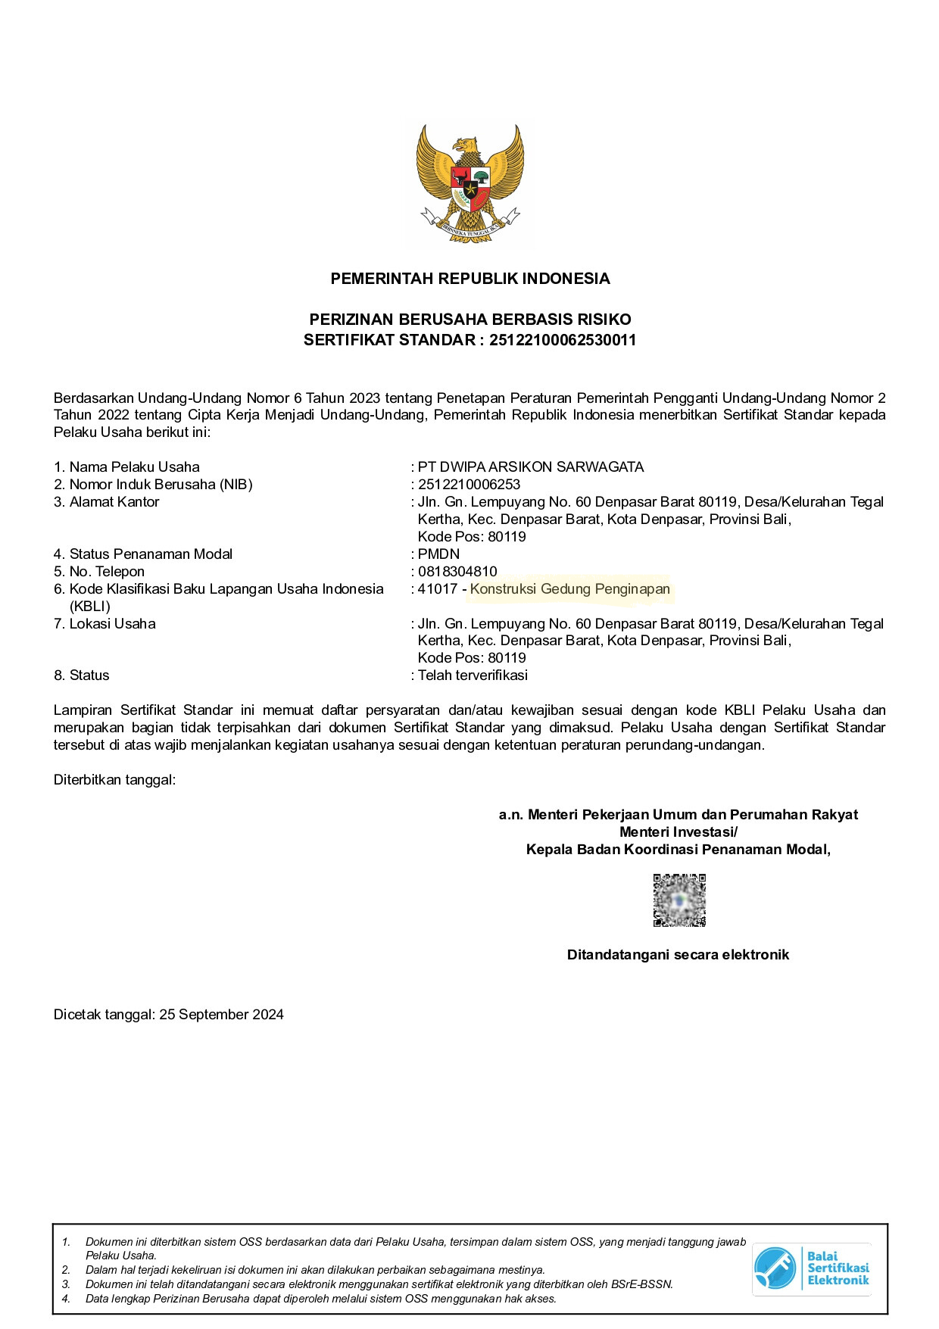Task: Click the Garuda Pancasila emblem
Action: point(469,183)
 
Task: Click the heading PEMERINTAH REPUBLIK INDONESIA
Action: point(469,279)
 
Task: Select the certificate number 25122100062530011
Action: point(563,340)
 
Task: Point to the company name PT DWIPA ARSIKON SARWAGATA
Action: point(531,467)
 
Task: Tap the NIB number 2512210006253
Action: point(469,485)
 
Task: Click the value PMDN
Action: point(438,554)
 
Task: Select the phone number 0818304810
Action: point(457,572)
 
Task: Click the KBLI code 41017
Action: point(438,589)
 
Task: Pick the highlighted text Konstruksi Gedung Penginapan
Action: point(570,589)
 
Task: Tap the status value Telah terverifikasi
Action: point(473,675)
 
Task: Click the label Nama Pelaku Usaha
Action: point(134,467)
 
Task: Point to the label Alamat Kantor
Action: point(114,502)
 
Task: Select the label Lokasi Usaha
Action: point(112,624)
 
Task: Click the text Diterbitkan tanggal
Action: point(114,779)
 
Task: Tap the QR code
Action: point(679,900)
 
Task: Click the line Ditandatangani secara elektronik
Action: point(678,955)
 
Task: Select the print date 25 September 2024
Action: point(221,1015)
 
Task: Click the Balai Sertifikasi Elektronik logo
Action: point(811,1268)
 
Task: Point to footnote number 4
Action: point(66,1299)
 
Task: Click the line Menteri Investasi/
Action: point(678,832)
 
